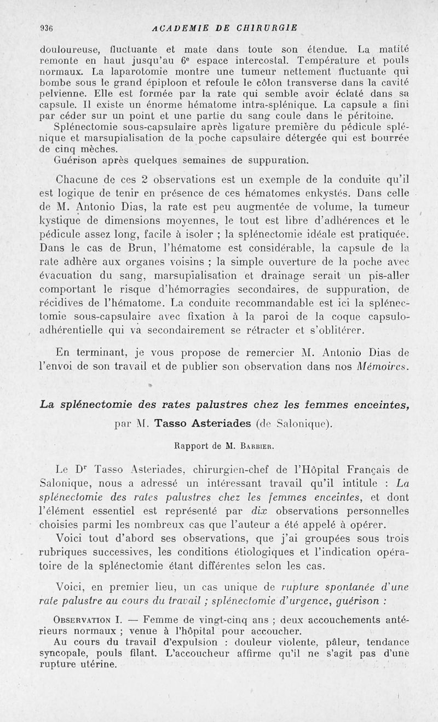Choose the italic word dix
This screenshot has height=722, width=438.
262,510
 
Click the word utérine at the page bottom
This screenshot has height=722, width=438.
99,663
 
